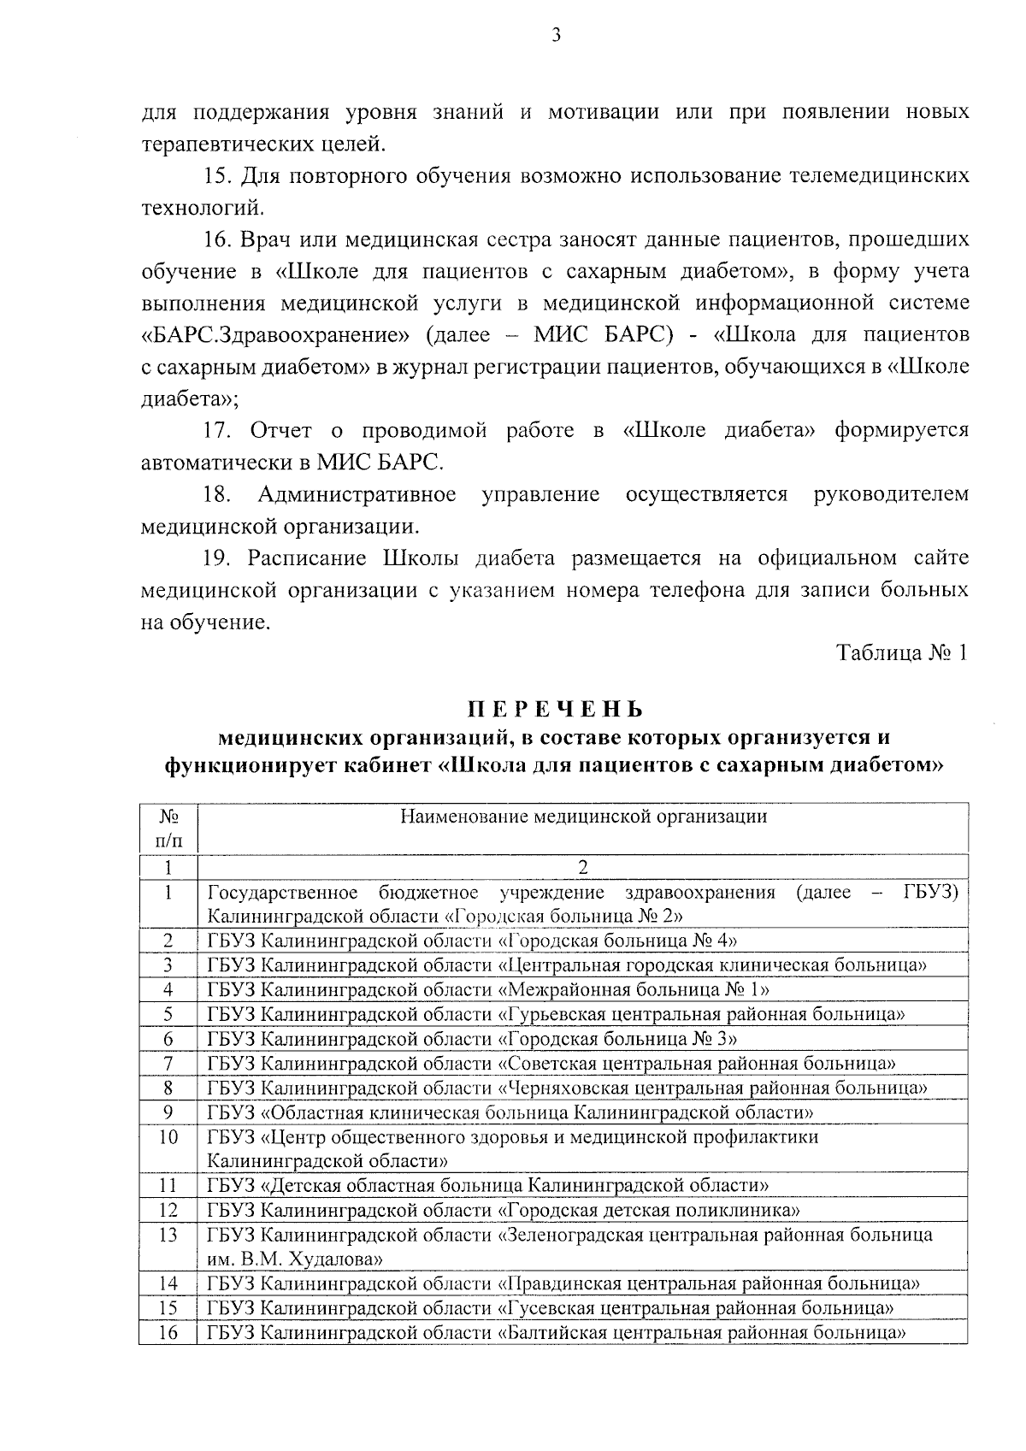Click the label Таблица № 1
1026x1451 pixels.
pyautogui.click(x=902, y=653)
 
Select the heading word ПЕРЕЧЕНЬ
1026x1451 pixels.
pyautogui.click(x=555, y=710)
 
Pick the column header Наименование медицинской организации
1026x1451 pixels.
pyautogui.click(x=583, y=816)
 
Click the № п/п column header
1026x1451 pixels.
pyautogui.click(x=168, y=828)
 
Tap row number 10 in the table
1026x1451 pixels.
pyautogui.click(x=168, y=1137)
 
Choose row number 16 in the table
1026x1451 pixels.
pyautogui.click(x=168, y=1332)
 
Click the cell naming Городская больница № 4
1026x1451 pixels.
pyautogui.click(x=473, y=941)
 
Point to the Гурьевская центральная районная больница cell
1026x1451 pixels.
pyautogui.click(x=556, y=1014)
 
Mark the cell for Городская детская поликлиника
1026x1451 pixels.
pyautogui.click(x=504, y=1210)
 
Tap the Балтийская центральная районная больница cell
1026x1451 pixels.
pyautogui.click(x=556, y=1332)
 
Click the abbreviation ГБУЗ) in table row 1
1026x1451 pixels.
pyautogui.click(x=930, y=893)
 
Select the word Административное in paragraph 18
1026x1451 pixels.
pyautogui.click(x=357, y=494)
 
